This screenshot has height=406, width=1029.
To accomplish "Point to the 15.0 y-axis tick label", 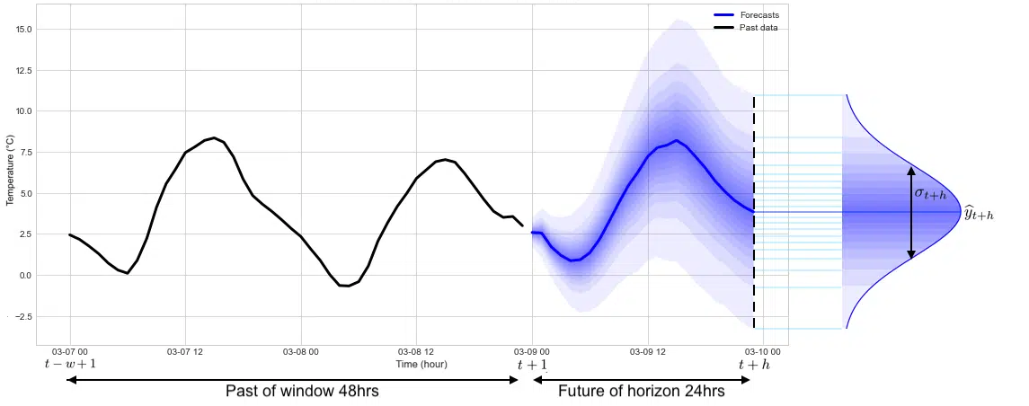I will click(x=24, y=29).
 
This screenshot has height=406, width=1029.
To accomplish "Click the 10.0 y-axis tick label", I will click(x=24, y=111).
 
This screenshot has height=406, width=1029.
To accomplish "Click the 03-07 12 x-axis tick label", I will click(x=185, y=351).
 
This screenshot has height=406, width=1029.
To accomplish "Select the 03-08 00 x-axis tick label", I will click(x=301, y=351).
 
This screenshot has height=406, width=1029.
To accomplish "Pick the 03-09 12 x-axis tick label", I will click(x=647, y=351).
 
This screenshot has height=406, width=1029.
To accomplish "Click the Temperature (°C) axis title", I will click(x=10, y=171).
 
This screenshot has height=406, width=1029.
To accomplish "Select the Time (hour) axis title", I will click(x=421, y=364).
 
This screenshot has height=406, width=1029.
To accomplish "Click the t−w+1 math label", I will click(x=70, y=365).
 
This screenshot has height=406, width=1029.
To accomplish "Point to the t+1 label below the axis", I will click(x=532, y=365).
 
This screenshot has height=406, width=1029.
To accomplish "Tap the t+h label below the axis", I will click(x=754, y=365).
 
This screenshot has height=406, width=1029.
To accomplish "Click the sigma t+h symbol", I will click(x=931, y=194).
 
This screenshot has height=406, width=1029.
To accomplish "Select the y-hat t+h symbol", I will click(x=979, y=214).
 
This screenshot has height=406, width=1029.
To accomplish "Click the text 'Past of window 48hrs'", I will click(x=296, y=392).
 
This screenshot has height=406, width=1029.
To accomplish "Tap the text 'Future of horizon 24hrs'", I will click(x=642, y=392).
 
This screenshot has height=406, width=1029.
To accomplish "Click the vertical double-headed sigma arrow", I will click(x=910, y=212).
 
